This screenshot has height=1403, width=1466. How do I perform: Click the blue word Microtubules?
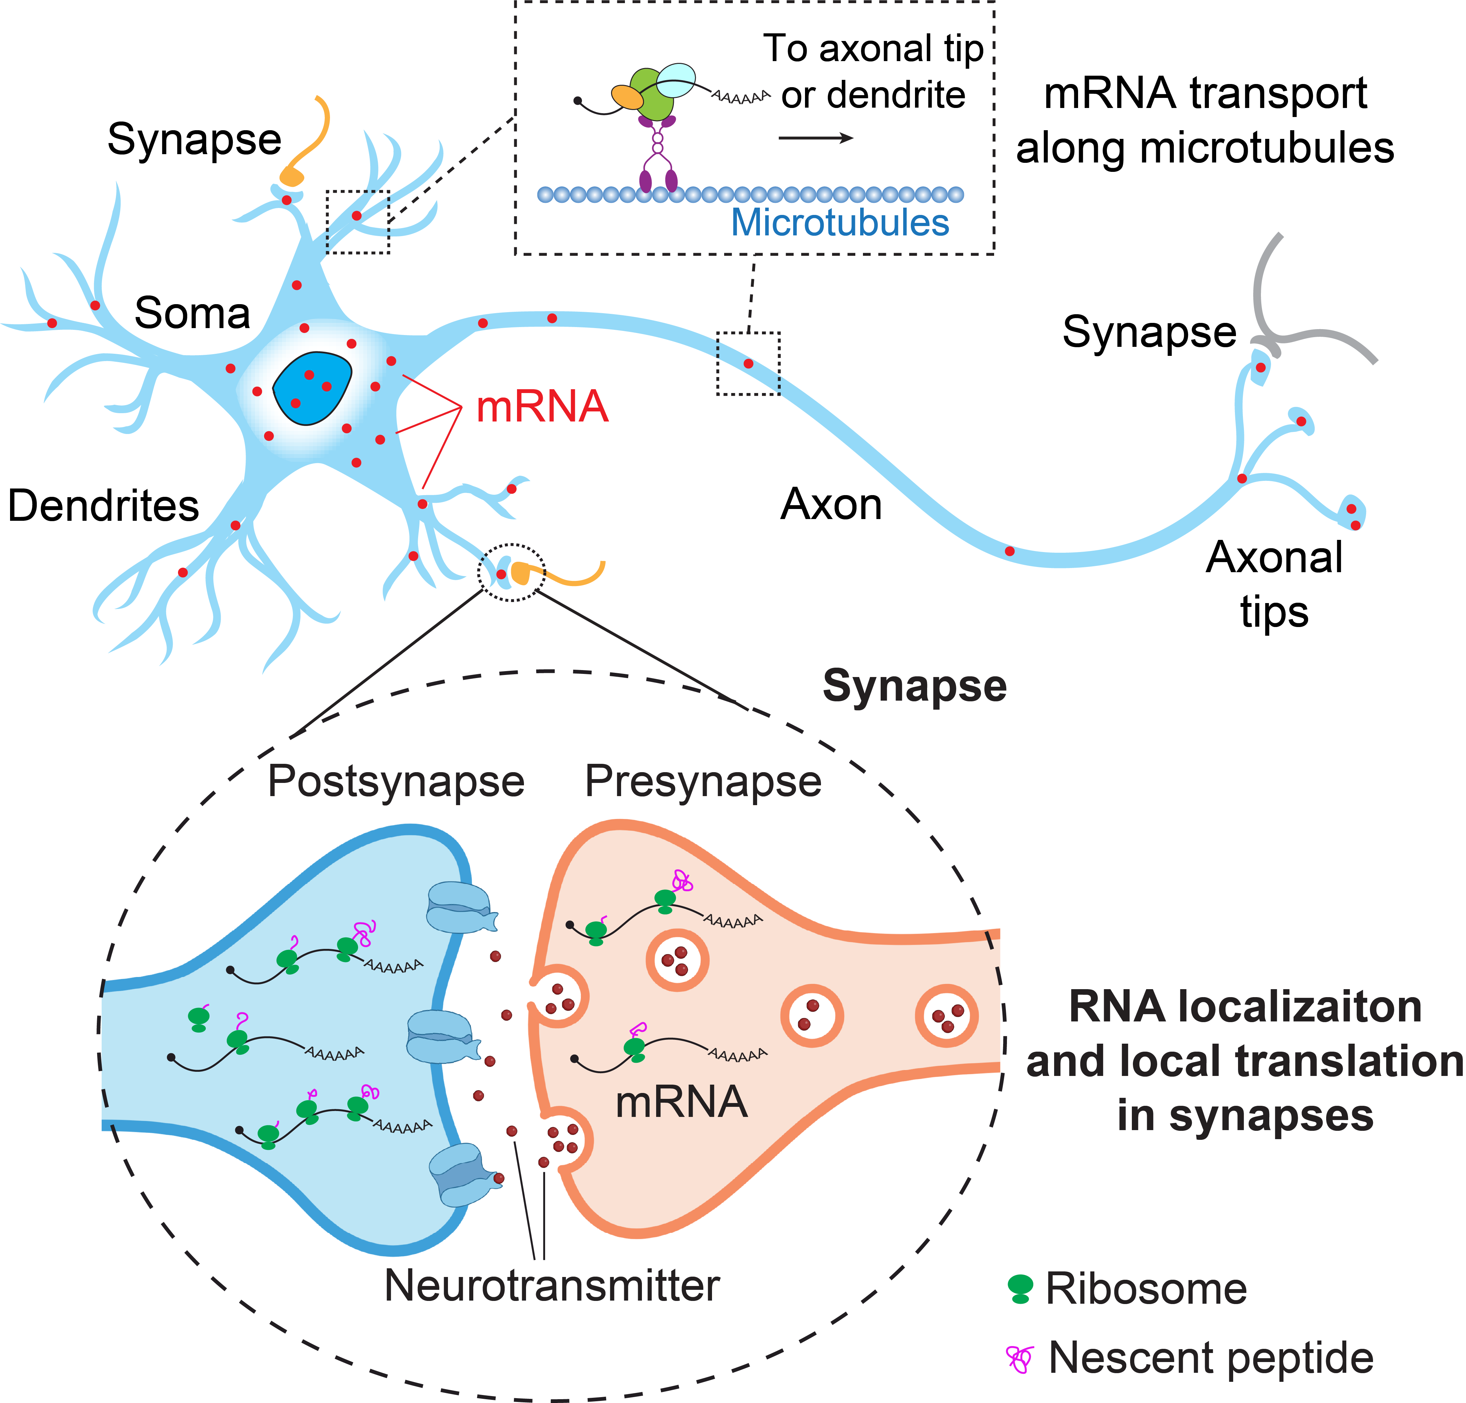pyautogui.click(x=840, y=223)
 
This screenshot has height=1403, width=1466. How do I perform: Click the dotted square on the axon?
pyautogui.click(x=748, y=364)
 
